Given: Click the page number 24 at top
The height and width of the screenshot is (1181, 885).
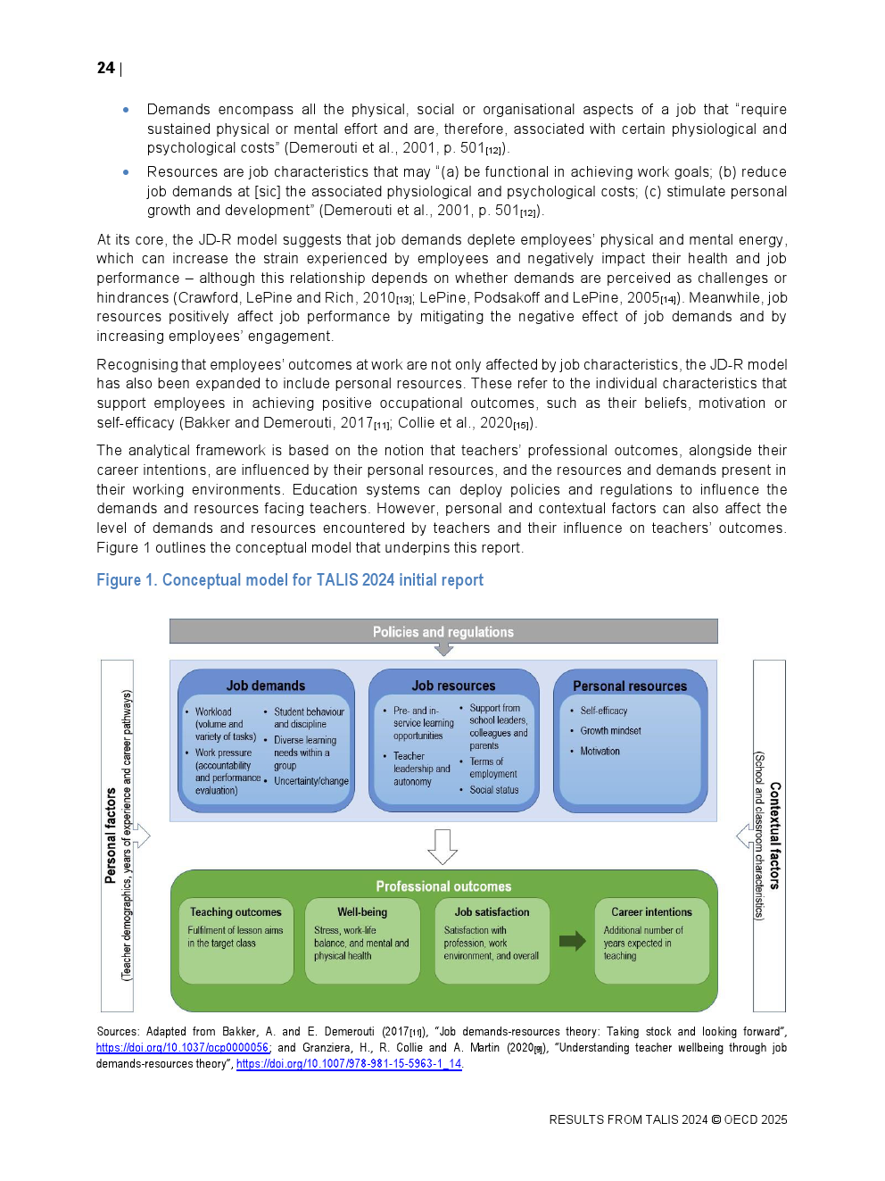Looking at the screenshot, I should [x=105, y=68].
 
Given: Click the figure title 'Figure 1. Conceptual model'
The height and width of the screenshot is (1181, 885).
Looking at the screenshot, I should [x=289, y=580].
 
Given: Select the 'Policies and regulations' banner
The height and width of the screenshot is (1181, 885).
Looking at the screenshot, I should [x=442, y=632].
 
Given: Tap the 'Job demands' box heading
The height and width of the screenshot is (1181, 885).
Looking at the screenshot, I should [x=265, y=686].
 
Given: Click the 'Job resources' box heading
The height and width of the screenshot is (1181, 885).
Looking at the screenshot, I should [x=453, y=686].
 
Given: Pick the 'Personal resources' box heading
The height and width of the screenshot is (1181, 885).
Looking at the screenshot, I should [x=629, y=686].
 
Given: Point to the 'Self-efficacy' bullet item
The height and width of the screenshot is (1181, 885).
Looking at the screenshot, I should [x=603, y=711].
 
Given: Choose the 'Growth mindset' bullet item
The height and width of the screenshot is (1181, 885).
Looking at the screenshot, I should [x=610, y=731].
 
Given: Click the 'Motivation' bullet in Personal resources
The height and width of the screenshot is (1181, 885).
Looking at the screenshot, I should [x=600, y=752].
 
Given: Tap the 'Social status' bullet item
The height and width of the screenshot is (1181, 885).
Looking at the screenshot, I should [x=493, y=790].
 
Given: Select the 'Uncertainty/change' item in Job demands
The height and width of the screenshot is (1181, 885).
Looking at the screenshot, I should [x=310, y=781].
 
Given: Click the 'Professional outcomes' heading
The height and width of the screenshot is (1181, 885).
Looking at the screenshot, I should [x=443, y=886].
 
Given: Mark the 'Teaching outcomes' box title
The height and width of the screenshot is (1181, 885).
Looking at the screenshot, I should [x=236, y=912].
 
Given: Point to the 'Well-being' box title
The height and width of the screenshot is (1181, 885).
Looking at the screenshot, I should [x=362, y=912].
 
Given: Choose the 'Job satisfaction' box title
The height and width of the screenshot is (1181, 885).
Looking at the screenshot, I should [x=492, y=912].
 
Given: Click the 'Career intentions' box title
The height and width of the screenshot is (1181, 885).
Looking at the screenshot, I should [x=651, y=912].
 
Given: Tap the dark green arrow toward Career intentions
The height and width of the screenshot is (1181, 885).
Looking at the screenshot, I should [x=572, y=941].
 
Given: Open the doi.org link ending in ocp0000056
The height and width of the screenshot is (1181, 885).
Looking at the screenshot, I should [x=183, y=1048].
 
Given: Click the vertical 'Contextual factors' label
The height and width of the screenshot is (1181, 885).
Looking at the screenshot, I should [x=774, y=836].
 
